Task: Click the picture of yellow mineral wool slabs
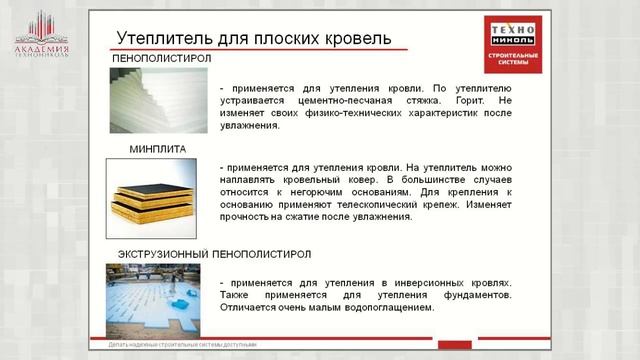158,197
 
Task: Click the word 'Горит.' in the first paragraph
466,101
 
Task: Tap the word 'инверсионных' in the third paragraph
437,283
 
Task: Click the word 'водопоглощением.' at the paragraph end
381,309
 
